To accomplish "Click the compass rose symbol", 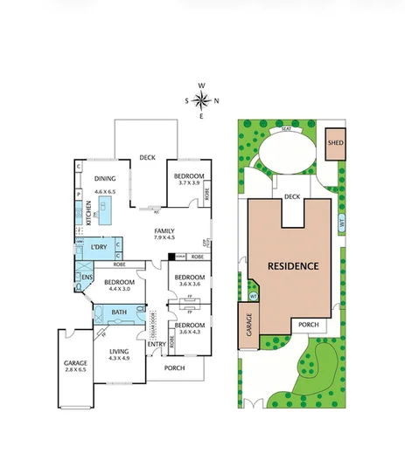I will click(201, 100).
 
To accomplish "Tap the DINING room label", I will click(104, 179).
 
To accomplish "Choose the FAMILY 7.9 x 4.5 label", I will click(164, 231).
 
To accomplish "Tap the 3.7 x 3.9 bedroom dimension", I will click(189, 183).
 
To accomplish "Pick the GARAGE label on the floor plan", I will click(74, 363).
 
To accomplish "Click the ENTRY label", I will click(157, 344).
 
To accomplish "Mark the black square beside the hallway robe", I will click(171, 257).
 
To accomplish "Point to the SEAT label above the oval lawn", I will click(285, 128).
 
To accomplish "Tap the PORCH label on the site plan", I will click(308, 326).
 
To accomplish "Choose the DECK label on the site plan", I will click(292, 197).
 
